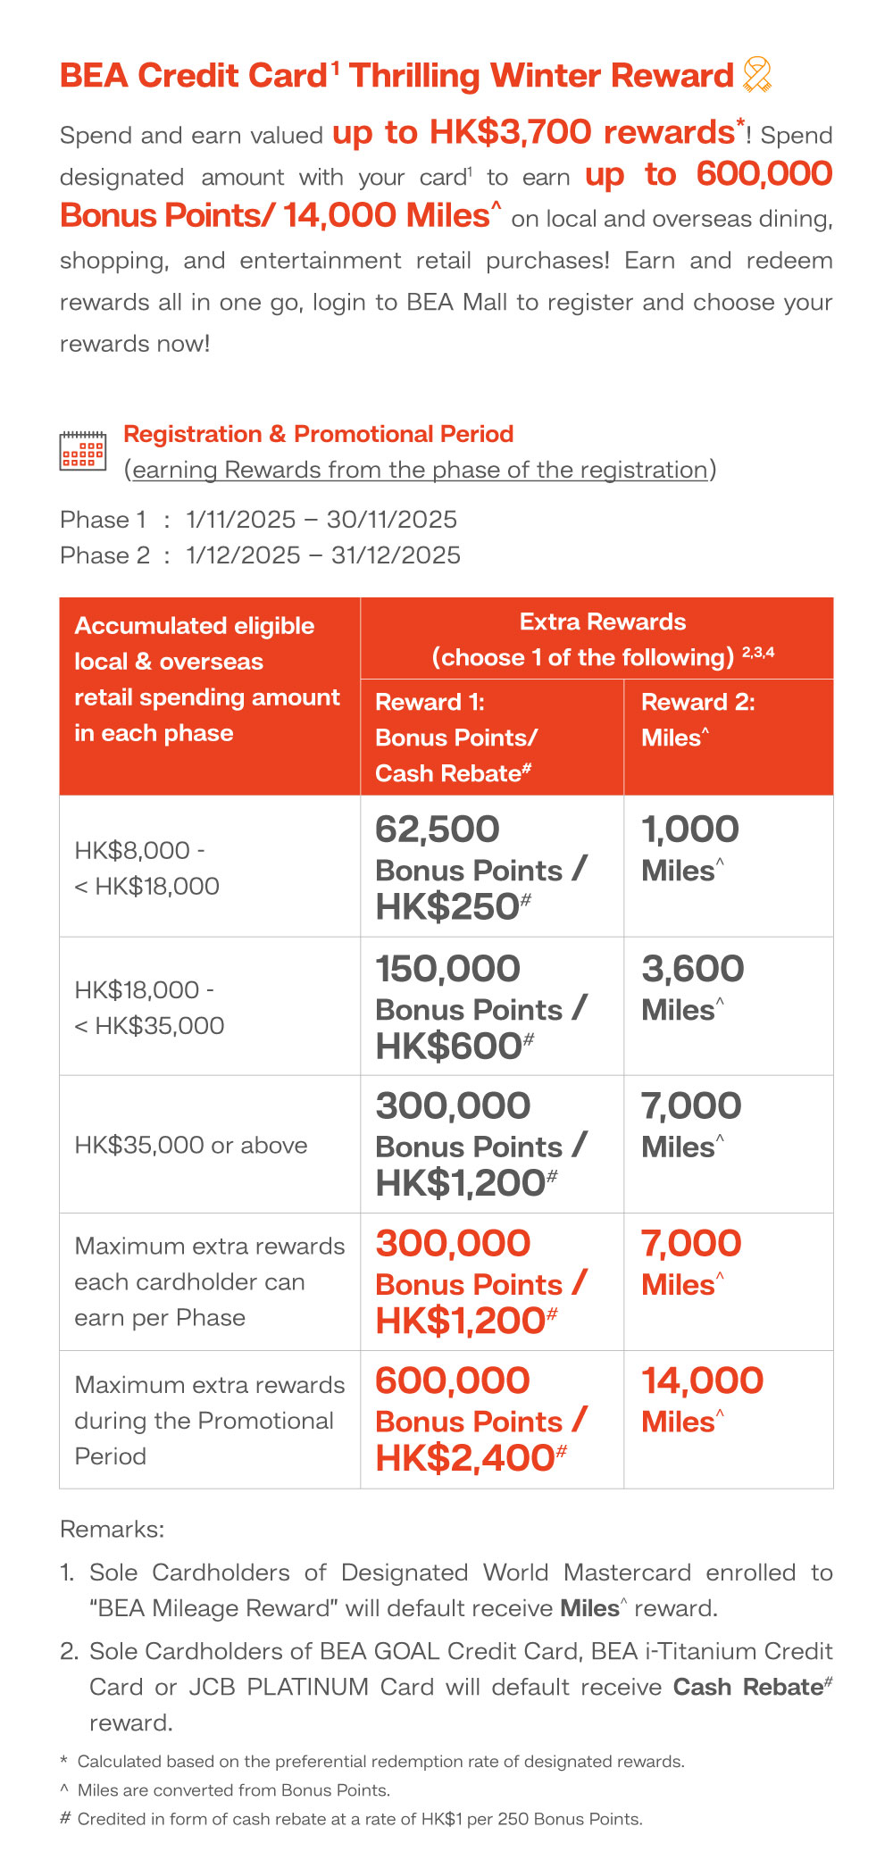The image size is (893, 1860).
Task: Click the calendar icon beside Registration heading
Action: (82, 450)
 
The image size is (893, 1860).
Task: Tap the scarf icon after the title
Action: (756, 75)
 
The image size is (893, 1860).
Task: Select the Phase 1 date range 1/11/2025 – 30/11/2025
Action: (321, 520)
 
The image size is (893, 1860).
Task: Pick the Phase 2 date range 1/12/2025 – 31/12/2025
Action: (323, 555)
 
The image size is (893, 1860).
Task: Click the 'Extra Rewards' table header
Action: (603, 622)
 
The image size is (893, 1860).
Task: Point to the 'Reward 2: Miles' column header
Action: (697, 720)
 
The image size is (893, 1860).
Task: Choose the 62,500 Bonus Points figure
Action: (437, 830)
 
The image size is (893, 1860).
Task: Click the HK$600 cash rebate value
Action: (449, 1047)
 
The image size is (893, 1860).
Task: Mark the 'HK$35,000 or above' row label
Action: (191, 1146)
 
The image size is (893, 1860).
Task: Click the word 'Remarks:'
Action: (112, 1530)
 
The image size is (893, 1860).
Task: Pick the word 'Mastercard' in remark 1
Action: (627, 1572)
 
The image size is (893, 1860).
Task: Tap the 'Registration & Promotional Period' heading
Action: (318, 434)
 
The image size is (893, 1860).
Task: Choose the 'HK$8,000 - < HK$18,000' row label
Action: (146, 868)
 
